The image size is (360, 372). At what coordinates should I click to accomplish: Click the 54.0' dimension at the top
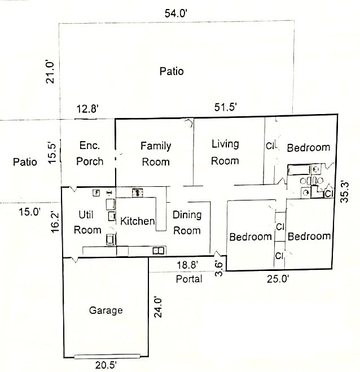pos(176,14)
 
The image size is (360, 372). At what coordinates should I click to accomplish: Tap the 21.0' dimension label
pos(50,73)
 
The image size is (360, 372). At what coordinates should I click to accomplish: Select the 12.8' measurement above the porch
pos(87,109)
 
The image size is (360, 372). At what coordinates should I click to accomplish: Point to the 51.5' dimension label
pos(226,107)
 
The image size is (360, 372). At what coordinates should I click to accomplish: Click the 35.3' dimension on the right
pos(345,192)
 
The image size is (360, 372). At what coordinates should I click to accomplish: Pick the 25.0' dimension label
pos(278,279)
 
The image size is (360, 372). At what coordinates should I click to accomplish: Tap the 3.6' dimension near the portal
pos(219,269)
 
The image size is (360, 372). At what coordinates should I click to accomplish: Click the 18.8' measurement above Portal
pos(187,265)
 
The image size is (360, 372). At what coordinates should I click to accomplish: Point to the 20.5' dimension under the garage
pos(106,365)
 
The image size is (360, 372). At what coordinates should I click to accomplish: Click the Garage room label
pos(106,310)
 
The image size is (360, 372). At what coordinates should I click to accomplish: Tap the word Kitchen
pos(138,221)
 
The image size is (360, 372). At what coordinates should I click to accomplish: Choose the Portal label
pos(189,279)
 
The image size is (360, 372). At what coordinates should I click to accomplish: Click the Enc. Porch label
pos(90,154)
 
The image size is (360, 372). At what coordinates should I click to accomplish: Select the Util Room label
pos(87,222)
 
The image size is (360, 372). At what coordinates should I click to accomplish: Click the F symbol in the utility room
pos(96,193)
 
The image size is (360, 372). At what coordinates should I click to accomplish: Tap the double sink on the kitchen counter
pos(159,251)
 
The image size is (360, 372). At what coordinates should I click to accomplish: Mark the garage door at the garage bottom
pos(107,356)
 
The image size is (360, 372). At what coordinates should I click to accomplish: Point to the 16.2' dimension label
pos(55,222)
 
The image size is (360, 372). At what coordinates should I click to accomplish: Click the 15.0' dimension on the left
pos(30,212)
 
